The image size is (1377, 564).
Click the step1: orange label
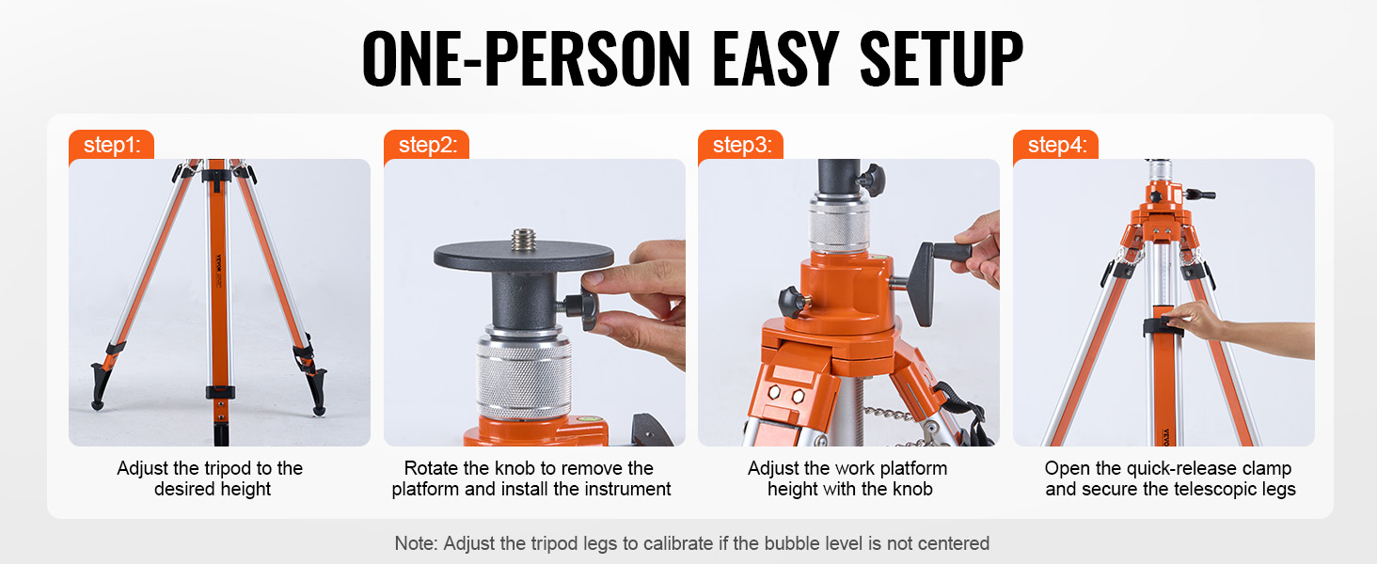click(x=111, y=145)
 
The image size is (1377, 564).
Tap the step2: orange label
click(x=427, y=145)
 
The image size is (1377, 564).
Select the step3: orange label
click(x=741, y=145)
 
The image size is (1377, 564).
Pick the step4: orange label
click(x=1056, y=145)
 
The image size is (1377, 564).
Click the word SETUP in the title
click(x=942, y=59)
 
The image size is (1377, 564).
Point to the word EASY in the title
click(x=776, y=59)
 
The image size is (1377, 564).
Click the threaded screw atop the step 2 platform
click(x=523, y=239)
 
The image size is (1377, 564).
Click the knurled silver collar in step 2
click(x=523, y=376)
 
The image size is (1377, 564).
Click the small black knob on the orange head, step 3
click(x=794, y=301)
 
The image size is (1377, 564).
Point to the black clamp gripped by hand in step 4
click(x=1163, y=326)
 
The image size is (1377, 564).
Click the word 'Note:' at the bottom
click(x=416, y=543)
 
